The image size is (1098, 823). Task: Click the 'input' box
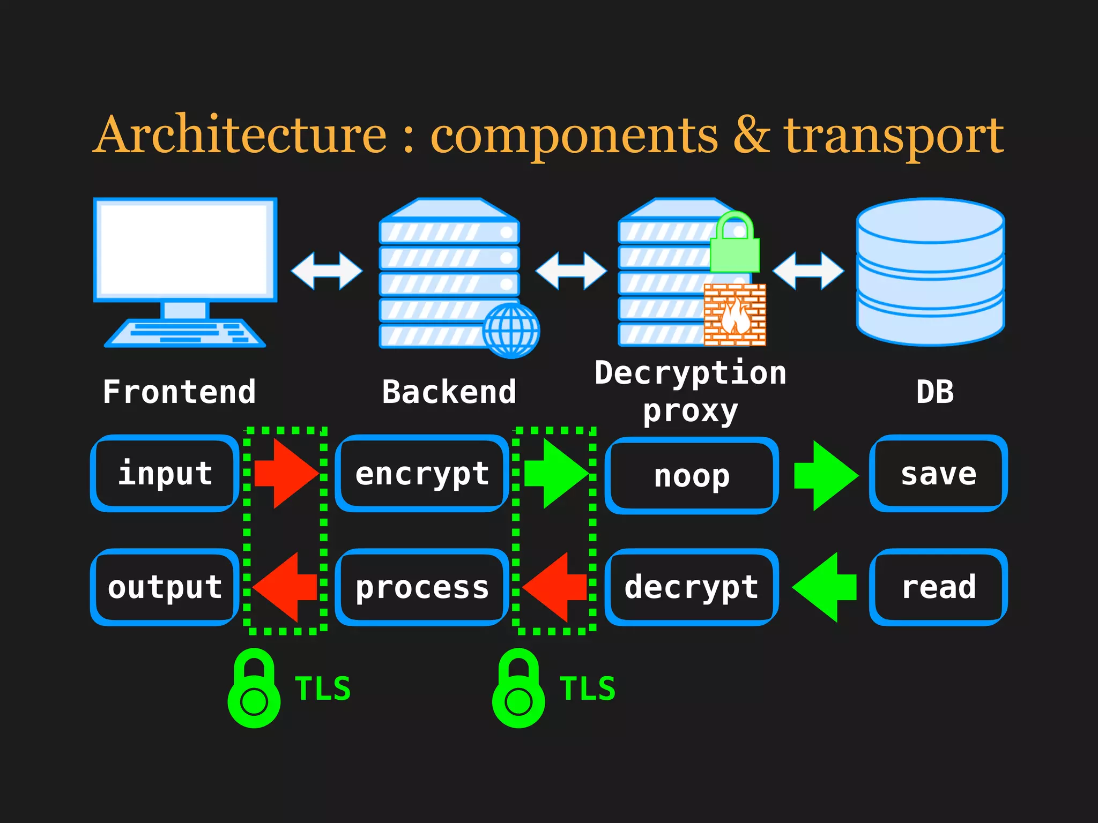click(x=165, y=473)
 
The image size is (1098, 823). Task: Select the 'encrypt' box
click(x=422, y=473)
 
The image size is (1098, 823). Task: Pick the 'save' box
click(x=938, y=473)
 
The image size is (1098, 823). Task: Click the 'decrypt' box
click(x=692, y=587)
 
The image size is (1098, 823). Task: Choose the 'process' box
click(x=422, y=587)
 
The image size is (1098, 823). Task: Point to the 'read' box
click(x=938, y=587)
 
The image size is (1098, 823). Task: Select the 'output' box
click(x=165, y=587)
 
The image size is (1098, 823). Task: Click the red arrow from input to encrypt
click(x=286, y=473)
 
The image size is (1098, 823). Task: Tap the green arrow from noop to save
click(x=826, y=475)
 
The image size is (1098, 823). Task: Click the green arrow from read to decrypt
click(x=825, y=587)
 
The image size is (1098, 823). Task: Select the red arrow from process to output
click(x=286, y=587)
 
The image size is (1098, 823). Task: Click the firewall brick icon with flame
click(x=735, y=315)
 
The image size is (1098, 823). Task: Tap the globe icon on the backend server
click(x=511, y=331)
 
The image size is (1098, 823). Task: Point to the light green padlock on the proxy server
click(x=735, y=244)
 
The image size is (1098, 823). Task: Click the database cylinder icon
click(x=930, y=272)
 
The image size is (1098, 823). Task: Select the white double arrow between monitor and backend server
click(x=327, y=271)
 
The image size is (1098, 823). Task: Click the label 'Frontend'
click(x=179, y=392)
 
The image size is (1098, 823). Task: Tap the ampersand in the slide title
click(x=751, y=134)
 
